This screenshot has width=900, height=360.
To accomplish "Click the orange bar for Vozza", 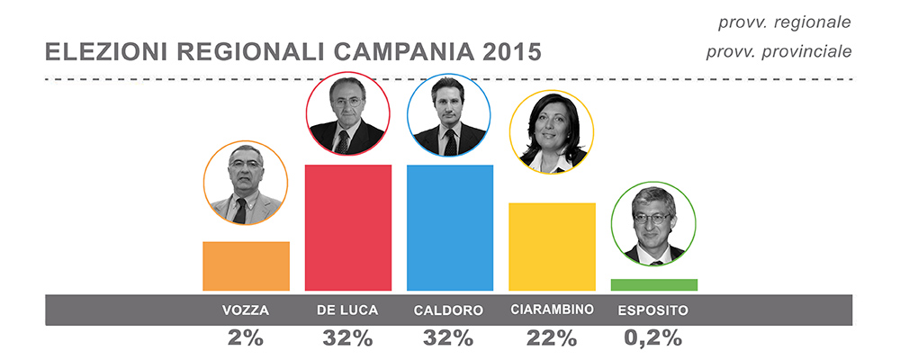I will click(x=246, y=266).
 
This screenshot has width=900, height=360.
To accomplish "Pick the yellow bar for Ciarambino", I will click(x=552, y=247).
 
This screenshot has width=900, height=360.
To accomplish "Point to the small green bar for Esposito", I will click(x=653, y=284).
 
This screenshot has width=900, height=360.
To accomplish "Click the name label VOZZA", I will click(x=246, y=311).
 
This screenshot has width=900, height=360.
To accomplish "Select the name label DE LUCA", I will click(x=347, y=311).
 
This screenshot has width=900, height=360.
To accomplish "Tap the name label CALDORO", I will click(x=449, y=311).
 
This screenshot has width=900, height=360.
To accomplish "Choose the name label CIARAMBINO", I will click(x=552, y=310).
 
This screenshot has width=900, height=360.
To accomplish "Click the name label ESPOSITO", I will click(x=653, y=311).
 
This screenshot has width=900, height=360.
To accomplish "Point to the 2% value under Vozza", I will click(x=246, y=338).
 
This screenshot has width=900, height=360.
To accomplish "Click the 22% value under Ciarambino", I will click(x=552, y=338).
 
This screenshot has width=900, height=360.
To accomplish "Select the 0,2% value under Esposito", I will click(x=653, y=338).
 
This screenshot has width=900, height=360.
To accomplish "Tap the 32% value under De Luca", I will click(x=347, y=338).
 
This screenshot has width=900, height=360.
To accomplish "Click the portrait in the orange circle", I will click(x=246, y=185).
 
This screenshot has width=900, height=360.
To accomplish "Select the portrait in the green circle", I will click(x=653, y=226).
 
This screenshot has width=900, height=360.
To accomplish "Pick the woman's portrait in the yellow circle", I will click(x=552, y=133).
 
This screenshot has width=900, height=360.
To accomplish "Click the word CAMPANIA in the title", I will click(x=394, y=51).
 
